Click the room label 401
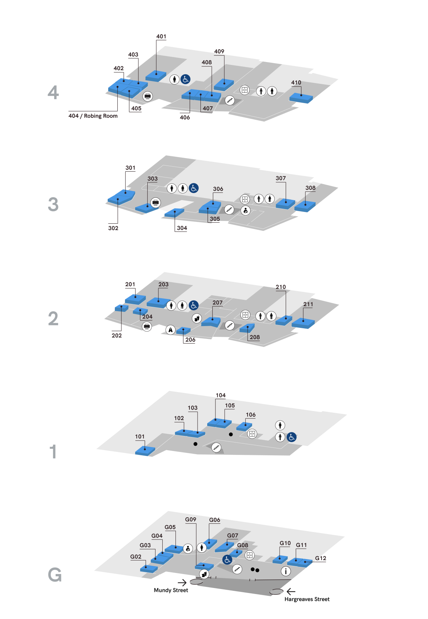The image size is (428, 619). (x=161, y=36)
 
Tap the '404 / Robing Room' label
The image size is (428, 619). (x=93, y=116)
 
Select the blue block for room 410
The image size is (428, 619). (x=301, y=97)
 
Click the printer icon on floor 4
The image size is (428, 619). (x=148, y=96)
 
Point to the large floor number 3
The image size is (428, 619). (x=53, y=204)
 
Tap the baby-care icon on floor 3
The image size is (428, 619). (x=245, y=210)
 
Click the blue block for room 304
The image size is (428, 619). (x=174, y=213)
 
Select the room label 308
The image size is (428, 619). (x=310, y=188)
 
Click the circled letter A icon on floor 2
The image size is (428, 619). (x=170, y=330)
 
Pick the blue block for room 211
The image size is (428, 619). (x=303, y=323)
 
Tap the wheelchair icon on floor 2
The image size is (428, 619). (x=193, y=305)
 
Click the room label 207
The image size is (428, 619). (x=218, y=303)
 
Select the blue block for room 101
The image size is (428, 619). (x=145, y=451)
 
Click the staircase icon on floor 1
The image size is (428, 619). (x=216, y=447)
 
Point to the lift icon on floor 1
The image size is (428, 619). (x=252, y=434)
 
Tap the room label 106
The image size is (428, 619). (x=251, y=415)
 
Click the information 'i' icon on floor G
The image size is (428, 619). (x=286, y=571)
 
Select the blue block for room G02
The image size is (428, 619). (x=149, y=568)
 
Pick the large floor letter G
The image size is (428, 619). (x=55, y=575)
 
